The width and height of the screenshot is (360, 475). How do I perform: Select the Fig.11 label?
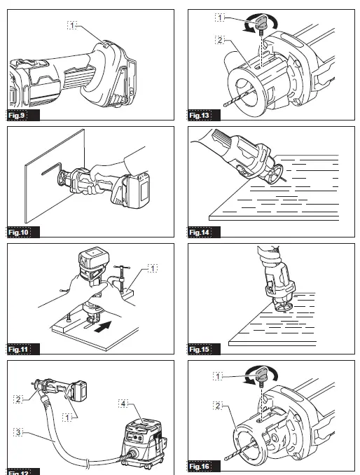(x=20, y=348)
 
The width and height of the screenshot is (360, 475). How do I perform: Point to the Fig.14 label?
(x=202, y=231)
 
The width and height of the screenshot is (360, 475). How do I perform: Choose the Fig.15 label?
(x=202, y=348)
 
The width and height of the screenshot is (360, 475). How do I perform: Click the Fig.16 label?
(x=202, y=466)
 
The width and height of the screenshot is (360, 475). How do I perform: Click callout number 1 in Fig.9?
(x=72, y=25)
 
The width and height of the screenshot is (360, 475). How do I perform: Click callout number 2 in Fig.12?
(x=18, y=399)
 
